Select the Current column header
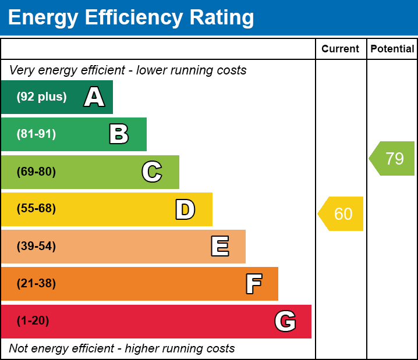(x=341, y=49)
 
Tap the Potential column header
(x=392, y=49)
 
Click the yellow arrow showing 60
(x=341, y=213)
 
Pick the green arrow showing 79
(x=392, y=158)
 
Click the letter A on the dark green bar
(x=94, y=97)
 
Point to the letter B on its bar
(x=119, y=134)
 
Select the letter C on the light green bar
(x=152, y=172)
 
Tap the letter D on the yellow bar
(x=185, y=209)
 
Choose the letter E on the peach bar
(x=219, y=247)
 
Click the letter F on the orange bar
(x=253, y=284)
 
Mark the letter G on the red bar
(x=285, y=321)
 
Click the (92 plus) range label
(x=41, y=97)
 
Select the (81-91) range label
(x=36, y=134)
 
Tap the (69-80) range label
(x=36, y=172)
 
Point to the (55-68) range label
(x=36, y=209)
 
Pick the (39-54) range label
(x=36, y=247)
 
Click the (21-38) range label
(x=36, y=284)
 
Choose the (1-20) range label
(x=33, y=321)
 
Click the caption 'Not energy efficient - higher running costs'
(x=122, y=348)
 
